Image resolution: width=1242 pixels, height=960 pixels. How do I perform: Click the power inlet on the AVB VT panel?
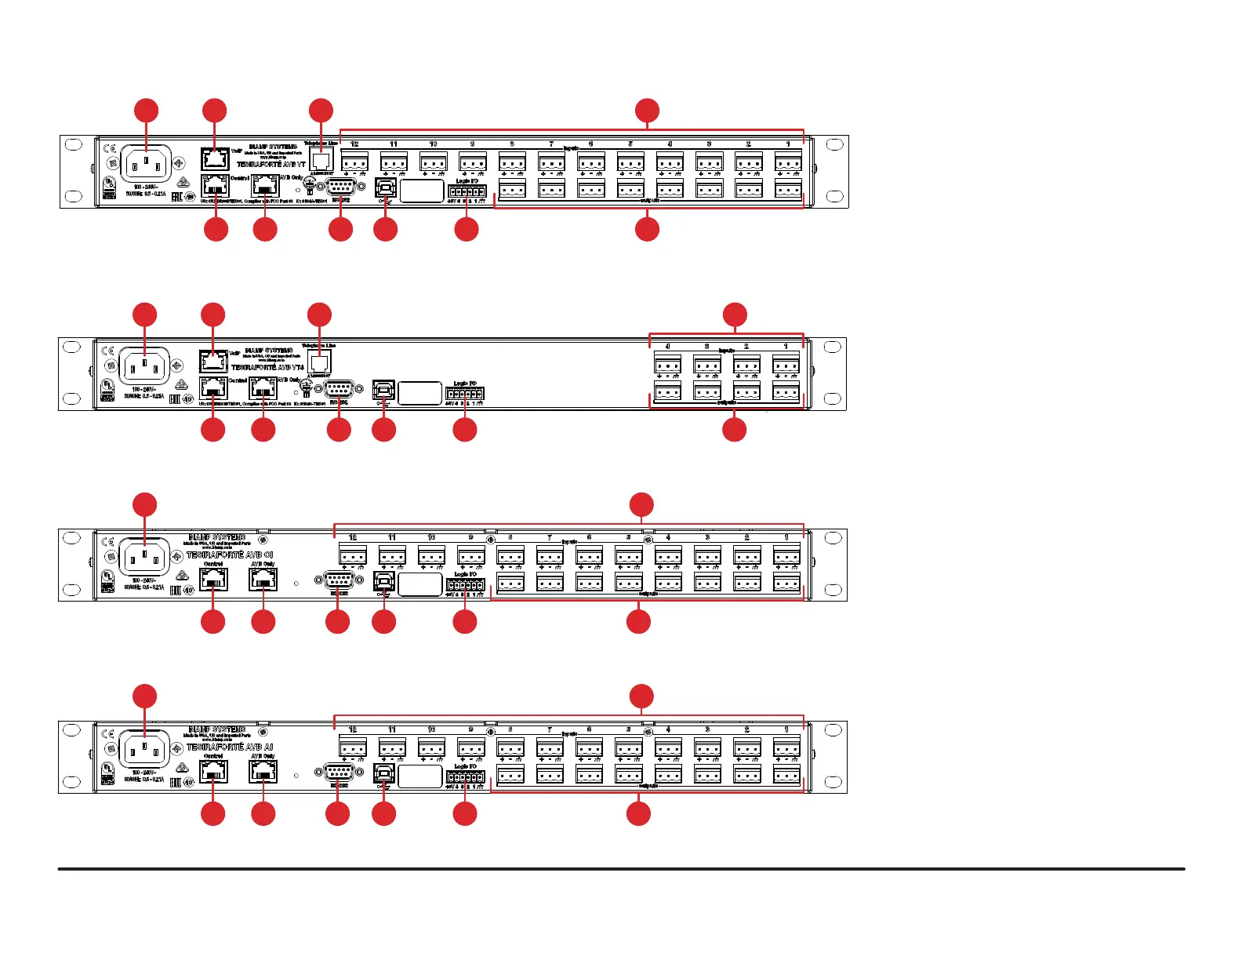click(x=146, y=165)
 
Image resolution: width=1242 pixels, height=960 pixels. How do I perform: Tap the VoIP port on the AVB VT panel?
click(x=215, y=158)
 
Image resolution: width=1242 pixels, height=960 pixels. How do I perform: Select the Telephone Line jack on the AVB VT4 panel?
click(x=319, y=363)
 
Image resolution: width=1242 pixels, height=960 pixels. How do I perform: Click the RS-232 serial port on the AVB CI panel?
click(x=338, y=581)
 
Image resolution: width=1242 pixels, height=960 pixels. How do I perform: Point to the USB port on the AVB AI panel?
click(x=383, y=773)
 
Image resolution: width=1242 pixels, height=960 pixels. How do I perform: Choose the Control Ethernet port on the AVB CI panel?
click(x=213, y=579)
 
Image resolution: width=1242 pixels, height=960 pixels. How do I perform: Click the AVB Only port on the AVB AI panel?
click(x=263, y=772)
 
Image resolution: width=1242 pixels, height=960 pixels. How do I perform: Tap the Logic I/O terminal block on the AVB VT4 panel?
click(x=465, y=394)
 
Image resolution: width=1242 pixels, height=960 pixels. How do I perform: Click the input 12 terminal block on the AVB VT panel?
click(x=354, y=162)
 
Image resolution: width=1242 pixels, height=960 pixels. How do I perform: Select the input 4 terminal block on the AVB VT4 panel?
click(x=667, y=364)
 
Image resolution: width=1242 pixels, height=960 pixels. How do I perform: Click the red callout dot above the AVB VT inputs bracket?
click(x=647, y=111)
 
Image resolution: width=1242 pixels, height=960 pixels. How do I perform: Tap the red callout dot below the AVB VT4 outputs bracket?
click(x=735, y=430)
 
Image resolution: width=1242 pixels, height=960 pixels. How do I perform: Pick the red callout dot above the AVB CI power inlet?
click(x=144, y=504)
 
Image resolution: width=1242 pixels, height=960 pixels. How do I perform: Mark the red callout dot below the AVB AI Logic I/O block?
click(x=465, y=813)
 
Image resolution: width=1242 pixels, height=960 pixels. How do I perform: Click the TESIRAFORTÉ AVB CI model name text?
click(x=230, y=555)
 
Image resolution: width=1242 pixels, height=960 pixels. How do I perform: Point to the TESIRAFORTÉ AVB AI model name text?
click(x=230, y=747)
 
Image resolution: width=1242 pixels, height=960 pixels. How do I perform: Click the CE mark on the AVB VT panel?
click(x=109, y=150)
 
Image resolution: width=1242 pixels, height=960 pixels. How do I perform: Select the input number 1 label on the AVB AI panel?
click(x=786, y=729)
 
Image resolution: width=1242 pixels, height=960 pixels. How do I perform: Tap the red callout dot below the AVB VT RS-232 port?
click(x=340, y=230)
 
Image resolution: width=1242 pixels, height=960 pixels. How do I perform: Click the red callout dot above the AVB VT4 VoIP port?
click(x=212, y=315)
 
